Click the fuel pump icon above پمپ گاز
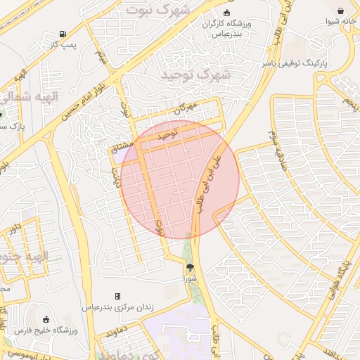tap(64, 34)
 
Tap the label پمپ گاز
tap(63, 44)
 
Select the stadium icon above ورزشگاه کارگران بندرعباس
tap(226, 13)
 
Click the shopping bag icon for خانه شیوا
tap(341, 11)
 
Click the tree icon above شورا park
tap(189, 267)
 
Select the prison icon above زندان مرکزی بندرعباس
tap(117, 296)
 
